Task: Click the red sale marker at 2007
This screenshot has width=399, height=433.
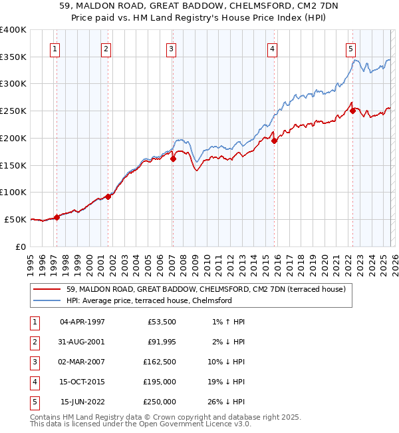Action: pyautogui.click(x=173, y=159)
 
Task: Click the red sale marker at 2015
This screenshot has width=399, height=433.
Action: pyautogui.click(x=274, y=140)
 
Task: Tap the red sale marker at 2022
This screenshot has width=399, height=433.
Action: pyautogui.click(x=352, y=111)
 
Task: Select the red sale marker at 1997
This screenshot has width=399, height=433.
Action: pyautogui.click(x=57, y=217)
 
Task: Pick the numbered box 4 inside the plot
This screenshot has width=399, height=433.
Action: pyautogui.click(x=273, y=48)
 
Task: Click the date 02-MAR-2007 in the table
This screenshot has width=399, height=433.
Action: pyautogui.click(x=82, y=362)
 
